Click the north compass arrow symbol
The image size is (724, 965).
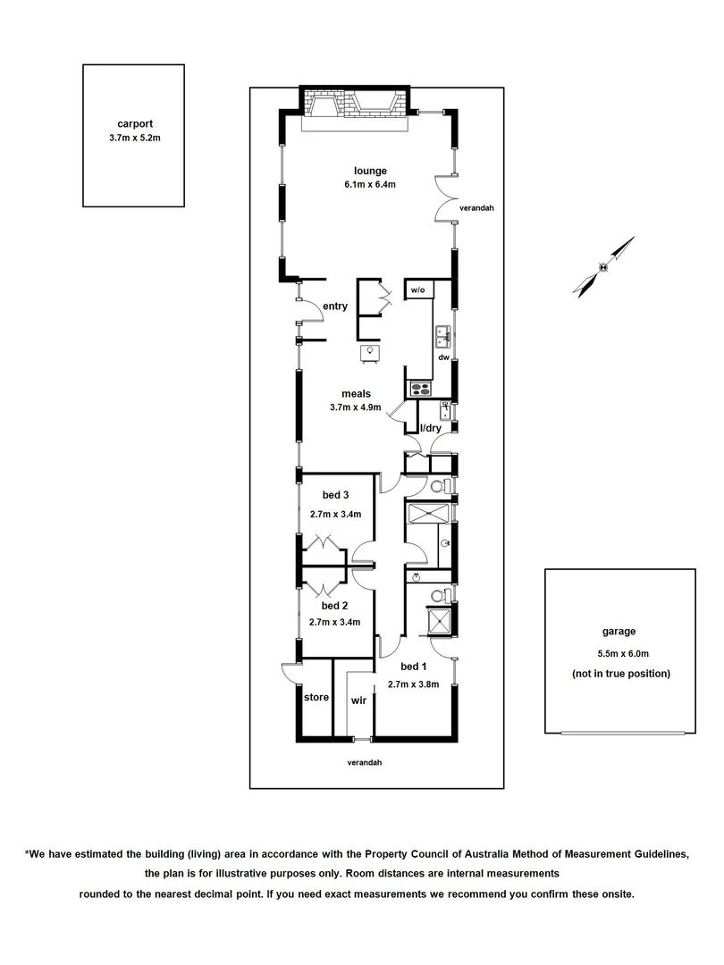(x=605, y=265)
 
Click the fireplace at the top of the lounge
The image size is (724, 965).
(x=355, y=108)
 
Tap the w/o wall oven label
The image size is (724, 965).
(x=417, y=291)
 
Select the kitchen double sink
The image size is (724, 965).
(x=442, y=336)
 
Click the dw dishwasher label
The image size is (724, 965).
(x=442, y=357)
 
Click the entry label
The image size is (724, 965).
(x=335, y=306)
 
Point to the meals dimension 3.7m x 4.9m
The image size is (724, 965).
(x=355, y=408)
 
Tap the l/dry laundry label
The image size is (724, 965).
(x=431, y=428)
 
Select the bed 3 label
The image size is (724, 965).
(x=335, y=496)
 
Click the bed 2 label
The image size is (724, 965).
(x=335, y=605)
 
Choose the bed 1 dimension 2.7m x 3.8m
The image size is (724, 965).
(x=414, y=684)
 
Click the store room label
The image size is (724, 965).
(x=316, y=697)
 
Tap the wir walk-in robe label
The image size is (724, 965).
(x=358, y=701)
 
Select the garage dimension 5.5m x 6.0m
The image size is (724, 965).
(x=620, y=653)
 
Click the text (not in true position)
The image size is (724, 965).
(x=620, y=674)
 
